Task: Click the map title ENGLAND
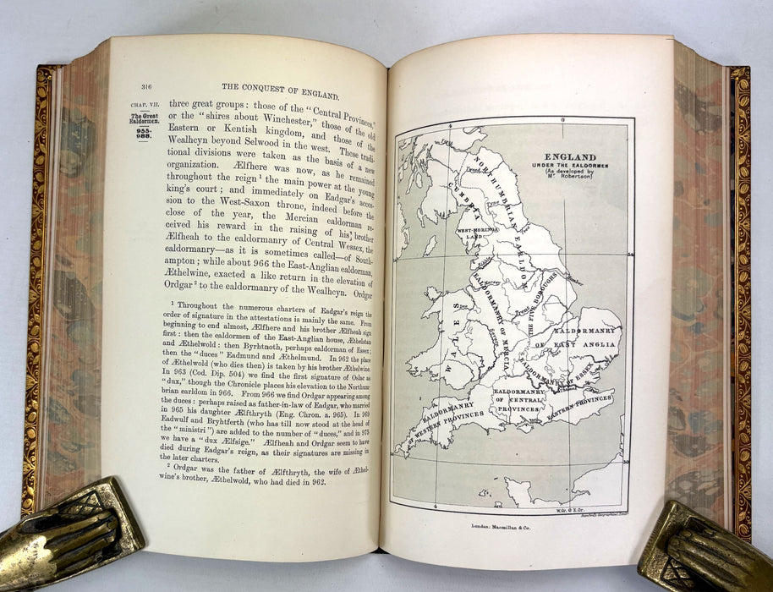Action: [x=571, y=157]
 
